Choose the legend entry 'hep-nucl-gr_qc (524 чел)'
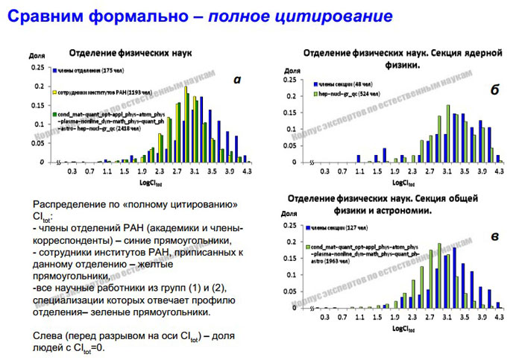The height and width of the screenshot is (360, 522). [x=349, y=95]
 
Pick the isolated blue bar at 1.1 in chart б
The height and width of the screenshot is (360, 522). [x=358, y=159]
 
